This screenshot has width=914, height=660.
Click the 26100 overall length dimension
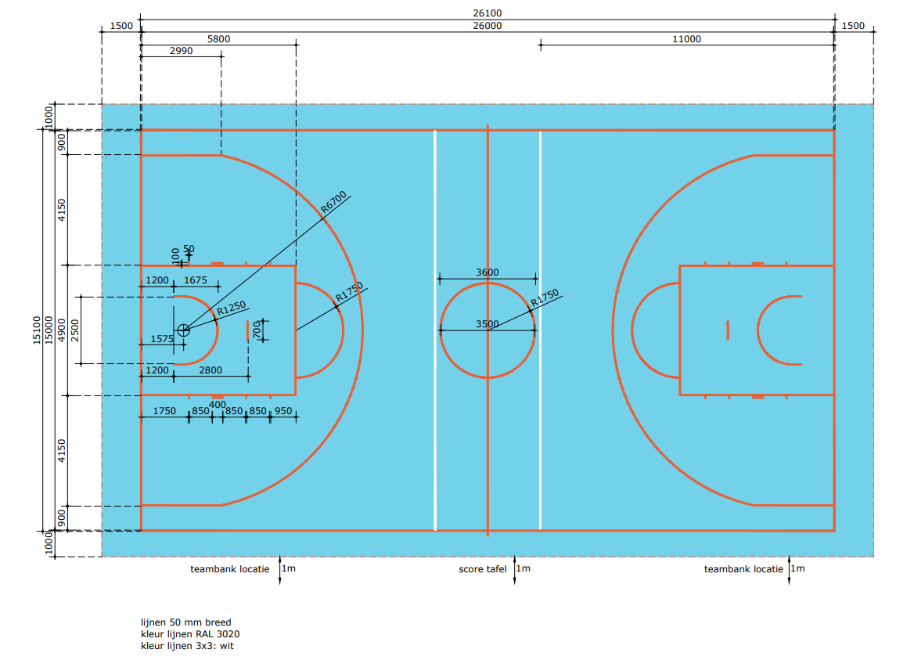488,13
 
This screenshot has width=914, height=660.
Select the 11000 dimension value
686,39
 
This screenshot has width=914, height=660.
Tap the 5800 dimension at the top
218,39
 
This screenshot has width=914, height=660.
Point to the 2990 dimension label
182,51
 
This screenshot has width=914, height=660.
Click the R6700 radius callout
334,202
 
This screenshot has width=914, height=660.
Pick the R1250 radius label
232,308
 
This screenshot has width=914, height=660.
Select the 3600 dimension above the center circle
488,272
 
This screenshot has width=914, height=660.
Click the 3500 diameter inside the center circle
488,324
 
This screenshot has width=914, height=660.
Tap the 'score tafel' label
483,569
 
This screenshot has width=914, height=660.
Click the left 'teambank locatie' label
229,569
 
